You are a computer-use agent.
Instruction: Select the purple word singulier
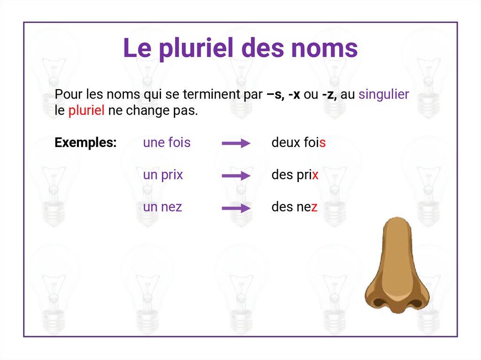pyautogui.click(x=384, y=94)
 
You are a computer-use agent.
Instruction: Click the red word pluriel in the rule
pyautogui.click(x=86, y=112)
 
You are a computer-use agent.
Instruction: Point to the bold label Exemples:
pyautogui.click(x=85, y=143)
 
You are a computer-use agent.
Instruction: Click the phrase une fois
pyautogui.click(x=167, y=143)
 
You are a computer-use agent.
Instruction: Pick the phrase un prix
pyautogui.click(x=163, y=175)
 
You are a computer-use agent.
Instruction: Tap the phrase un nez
pyautogui.click(x=163, y=207)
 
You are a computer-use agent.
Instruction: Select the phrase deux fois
pyautogui.click(x=298, y=143)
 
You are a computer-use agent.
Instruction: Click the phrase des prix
pyautogui.click(x=295, y=175)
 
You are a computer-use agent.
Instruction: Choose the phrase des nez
pyautogui.click(x=295, y=207)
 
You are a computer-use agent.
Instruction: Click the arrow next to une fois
pyautogui.click(x=236, y=144)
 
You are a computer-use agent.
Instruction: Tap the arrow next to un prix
pyautogui.click(x=236, y=176)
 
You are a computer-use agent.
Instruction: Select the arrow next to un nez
pyautogui.click(x=236, y=208)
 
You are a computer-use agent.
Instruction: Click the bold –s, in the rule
pyautogui.click(x=275, y=95)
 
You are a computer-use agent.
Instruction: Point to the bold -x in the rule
pyautogui.click(x=294, y=95)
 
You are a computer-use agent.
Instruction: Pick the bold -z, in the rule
pyautogui.click(x=330, y=95)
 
